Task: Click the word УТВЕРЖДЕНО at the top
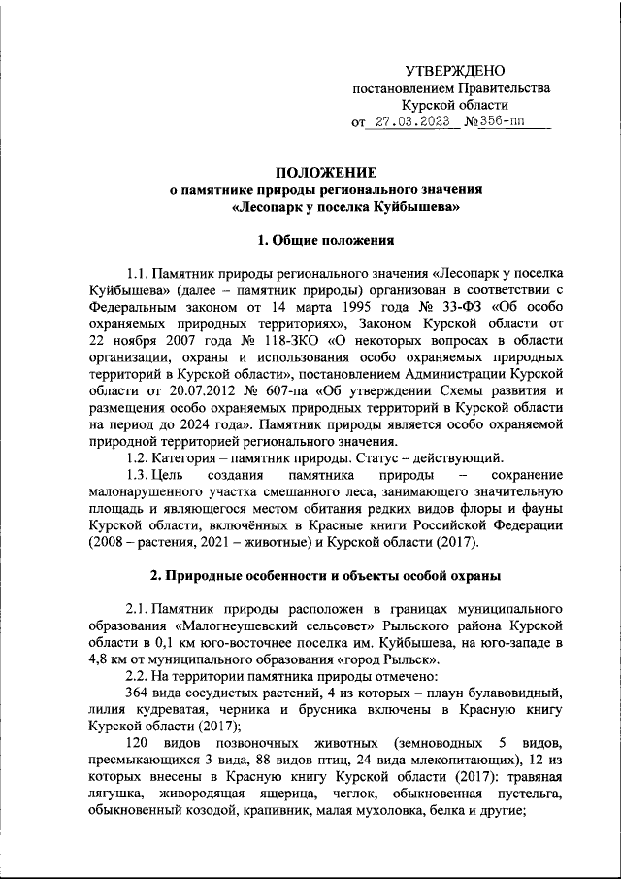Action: point(453,71)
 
